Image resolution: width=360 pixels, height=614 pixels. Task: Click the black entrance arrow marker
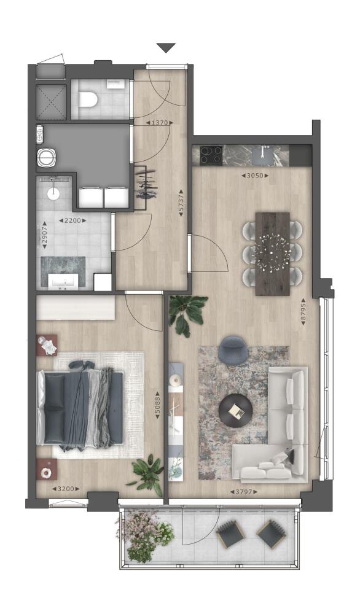166,48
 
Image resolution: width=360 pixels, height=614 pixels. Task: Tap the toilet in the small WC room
88,99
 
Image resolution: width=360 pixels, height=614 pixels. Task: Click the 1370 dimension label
160,123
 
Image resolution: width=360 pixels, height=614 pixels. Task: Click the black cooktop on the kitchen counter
211,155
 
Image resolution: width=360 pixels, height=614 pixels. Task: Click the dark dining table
272,254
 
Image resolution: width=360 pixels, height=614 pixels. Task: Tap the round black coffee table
236,410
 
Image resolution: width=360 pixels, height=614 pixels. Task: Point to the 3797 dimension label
244,491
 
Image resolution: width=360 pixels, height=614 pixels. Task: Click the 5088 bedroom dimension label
157,405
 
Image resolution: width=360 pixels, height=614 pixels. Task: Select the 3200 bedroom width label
66,489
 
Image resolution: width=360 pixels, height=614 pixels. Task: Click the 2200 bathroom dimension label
72,220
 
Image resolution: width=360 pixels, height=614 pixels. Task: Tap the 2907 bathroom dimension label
45,235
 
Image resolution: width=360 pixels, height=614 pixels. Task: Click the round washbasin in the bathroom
53,193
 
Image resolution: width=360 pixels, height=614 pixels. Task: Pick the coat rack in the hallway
146,182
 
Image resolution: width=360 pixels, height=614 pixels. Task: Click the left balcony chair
231,534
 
